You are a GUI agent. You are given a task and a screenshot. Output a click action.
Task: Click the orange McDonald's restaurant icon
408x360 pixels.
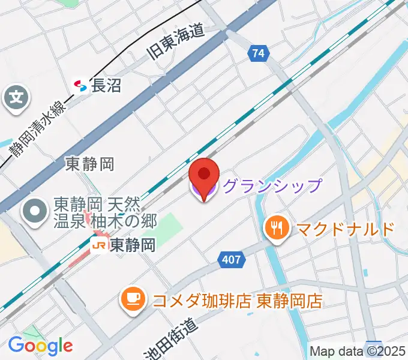tap(276, 229)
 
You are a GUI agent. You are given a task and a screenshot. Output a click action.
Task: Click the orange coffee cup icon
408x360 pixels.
tap(133, 299)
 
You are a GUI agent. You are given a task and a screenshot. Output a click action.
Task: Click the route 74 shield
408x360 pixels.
tap(257, 53)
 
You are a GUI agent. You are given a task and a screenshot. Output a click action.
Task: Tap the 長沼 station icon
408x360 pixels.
tap(80, 86)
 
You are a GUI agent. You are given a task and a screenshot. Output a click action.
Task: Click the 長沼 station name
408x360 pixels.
tap(106, 86)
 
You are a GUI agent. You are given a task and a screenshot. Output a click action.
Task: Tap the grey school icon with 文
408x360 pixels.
tap(16, 97)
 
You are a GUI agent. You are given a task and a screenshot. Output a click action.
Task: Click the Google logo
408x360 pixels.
tap(40, 346)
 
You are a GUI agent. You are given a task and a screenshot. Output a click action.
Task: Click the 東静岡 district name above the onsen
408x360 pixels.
tap(89, 163)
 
